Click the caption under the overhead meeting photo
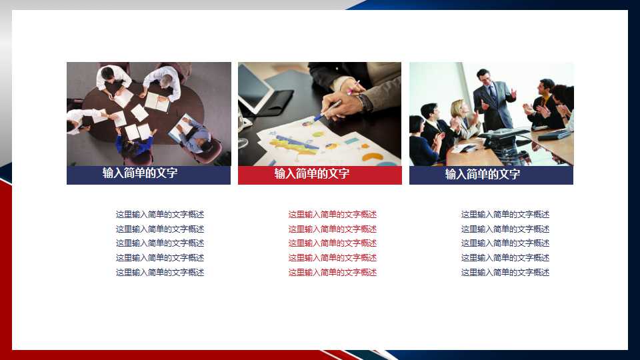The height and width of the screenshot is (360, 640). click(x=140, y=173)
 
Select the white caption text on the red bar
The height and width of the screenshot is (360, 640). click(x=312, y=174)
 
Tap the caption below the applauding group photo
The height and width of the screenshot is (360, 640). click(x=483, y=174)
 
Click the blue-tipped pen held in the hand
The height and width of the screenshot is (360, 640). click(x=328, y=111)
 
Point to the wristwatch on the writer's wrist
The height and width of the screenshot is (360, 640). click(x=365, y=103)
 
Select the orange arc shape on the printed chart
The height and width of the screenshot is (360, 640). click(x=372, y=157)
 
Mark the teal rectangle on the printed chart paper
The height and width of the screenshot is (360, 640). click(x=351, y=141)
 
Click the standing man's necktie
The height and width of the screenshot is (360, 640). click(x=494, y=93)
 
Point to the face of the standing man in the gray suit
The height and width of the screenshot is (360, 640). click(x=485, y=78)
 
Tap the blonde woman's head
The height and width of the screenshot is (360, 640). click(x=458, y=108)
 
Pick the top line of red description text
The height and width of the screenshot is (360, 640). click(x=332, y=214)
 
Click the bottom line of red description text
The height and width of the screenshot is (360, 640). click(x=332, y=272)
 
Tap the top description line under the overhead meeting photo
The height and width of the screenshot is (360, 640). click(x=159, y=214)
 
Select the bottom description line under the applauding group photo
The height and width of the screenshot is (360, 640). click(x=505, y=272)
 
